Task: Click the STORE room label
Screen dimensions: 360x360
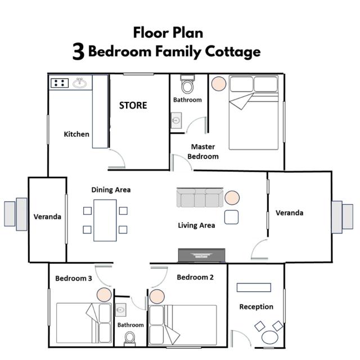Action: coord(133,105)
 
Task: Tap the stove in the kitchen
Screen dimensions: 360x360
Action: coord(60,83)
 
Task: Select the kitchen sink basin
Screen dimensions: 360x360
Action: coord(80,83)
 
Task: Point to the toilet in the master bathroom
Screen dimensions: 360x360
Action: coord(187,84)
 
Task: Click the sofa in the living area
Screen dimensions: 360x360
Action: coord(200,197)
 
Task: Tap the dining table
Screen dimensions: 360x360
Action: coord(105,220)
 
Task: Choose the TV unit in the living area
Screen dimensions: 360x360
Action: coord(201,255)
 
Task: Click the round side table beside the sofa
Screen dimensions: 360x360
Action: coord(232,197)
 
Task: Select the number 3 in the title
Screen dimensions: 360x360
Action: coord(79,52)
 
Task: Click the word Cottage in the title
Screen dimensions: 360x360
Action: coord(232,52)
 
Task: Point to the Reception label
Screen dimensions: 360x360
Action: coord(256,307)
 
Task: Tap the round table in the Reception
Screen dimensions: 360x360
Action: coord(270,337)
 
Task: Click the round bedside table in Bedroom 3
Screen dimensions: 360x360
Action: coord(104,295)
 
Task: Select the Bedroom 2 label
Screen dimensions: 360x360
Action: coord(195,277)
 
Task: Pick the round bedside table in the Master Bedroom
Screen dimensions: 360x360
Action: coord(219,84)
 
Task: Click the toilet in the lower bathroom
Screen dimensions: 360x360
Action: coord(129,339)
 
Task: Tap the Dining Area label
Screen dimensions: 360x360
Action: coord(111,190)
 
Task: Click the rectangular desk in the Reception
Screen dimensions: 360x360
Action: coord(254,287)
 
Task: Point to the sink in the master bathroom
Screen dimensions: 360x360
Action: coord(176,120)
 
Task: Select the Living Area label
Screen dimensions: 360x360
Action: coord(196,226)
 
